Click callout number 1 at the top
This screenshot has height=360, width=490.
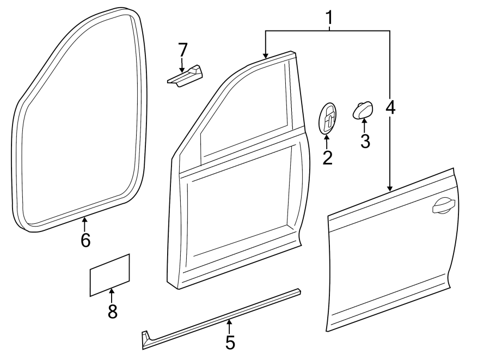[x=329, y=20]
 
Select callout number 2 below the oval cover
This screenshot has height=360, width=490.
[x=327, y=157]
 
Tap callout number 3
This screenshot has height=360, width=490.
[x=365, y=141]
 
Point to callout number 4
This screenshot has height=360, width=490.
[x=390, y=107]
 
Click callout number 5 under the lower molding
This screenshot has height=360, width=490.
[x=230, y=343]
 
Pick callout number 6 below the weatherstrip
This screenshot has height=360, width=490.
[x=85, y=240]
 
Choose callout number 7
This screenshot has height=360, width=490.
[x=182, y=50]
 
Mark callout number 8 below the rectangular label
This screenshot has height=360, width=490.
[x=113, y=311]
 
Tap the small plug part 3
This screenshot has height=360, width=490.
[x=363, y=109]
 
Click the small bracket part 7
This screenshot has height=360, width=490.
[x=185, y=75]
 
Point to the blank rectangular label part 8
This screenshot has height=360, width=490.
[x=109, y=275]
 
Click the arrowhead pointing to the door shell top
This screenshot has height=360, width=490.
[x=265, y=55]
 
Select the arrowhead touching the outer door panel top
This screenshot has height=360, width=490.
[x=390, y=188]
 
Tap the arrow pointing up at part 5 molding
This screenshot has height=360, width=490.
[x=229, y=325]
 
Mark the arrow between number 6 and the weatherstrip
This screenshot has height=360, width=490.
[x=84, y=221]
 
